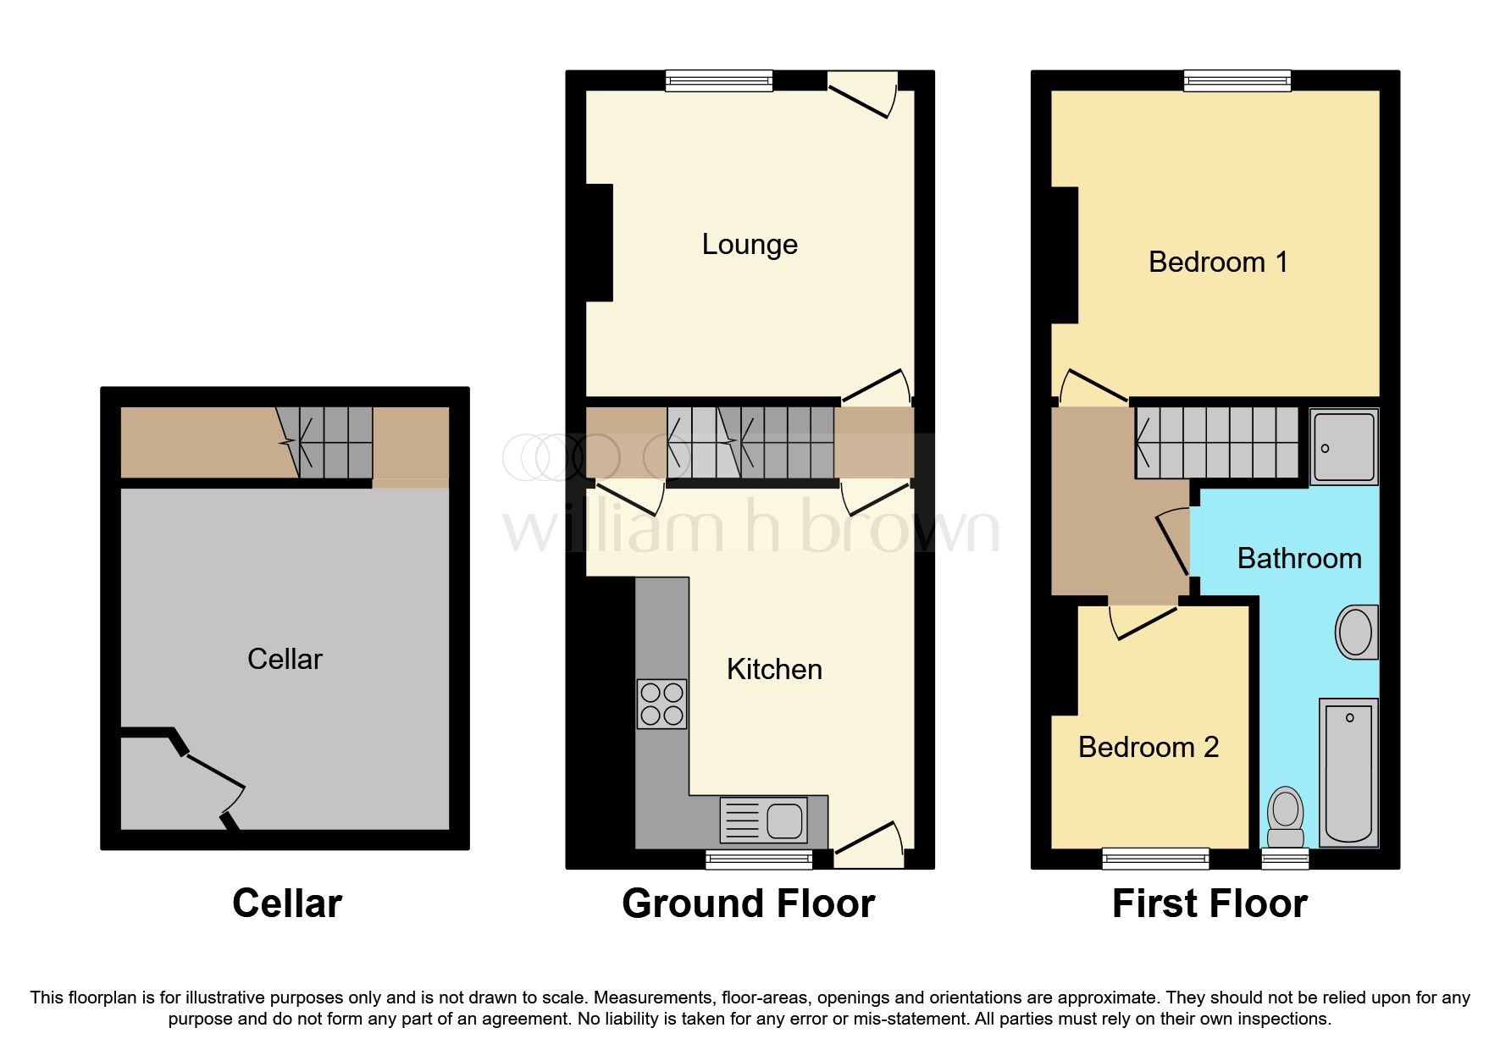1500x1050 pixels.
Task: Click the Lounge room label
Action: coord(750,245)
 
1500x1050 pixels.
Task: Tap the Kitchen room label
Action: coord(774,670)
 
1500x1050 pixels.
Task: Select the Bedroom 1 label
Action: coord(1217,262)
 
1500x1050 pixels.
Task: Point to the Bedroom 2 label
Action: coord(1148,748)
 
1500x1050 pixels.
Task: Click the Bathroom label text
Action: coord(1298,559)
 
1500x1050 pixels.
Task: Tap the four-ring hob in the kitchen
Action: coord(661,705)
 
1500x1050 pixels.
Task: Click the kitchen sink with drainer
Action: coord(763,820)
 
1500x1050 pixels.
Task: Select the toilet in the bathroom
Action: coord(1286,815)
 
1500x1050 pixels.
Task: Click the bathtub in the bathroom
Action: coord(1348,771)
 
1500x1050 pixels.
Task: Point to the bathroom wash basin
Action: coord(1356,632)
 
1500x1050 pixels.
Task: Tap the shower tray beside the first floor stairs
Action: coord(1344,447)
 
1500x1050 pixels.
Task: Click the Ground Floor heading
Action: coord(748,904)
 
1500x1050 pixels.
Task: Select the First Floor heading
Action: coord(1209,904)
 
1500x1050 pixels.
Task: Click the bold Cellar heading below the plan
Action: coord(286,904)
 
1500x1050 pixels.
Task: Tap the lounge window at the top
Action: coord(719,80)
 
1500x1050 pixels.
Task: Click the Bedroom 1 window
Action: coord(1237,80)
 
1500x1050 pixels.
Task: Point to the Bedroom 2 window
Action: coord(1155,859)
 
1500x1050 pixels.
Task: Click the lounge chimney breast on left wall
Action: coord(600,242)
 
